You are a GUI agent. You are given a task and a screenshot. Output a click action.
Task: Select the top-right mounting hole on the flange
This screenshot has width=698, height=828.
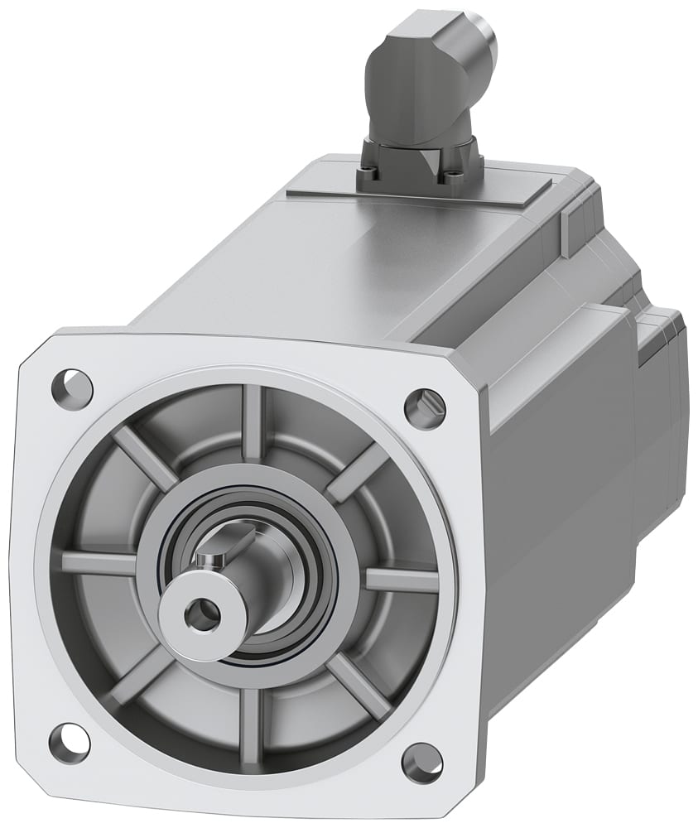pos(425,407)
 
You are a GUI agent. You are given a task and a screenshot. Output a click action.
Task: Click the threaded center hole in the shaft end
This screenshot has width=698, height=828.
pos(200,614)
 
